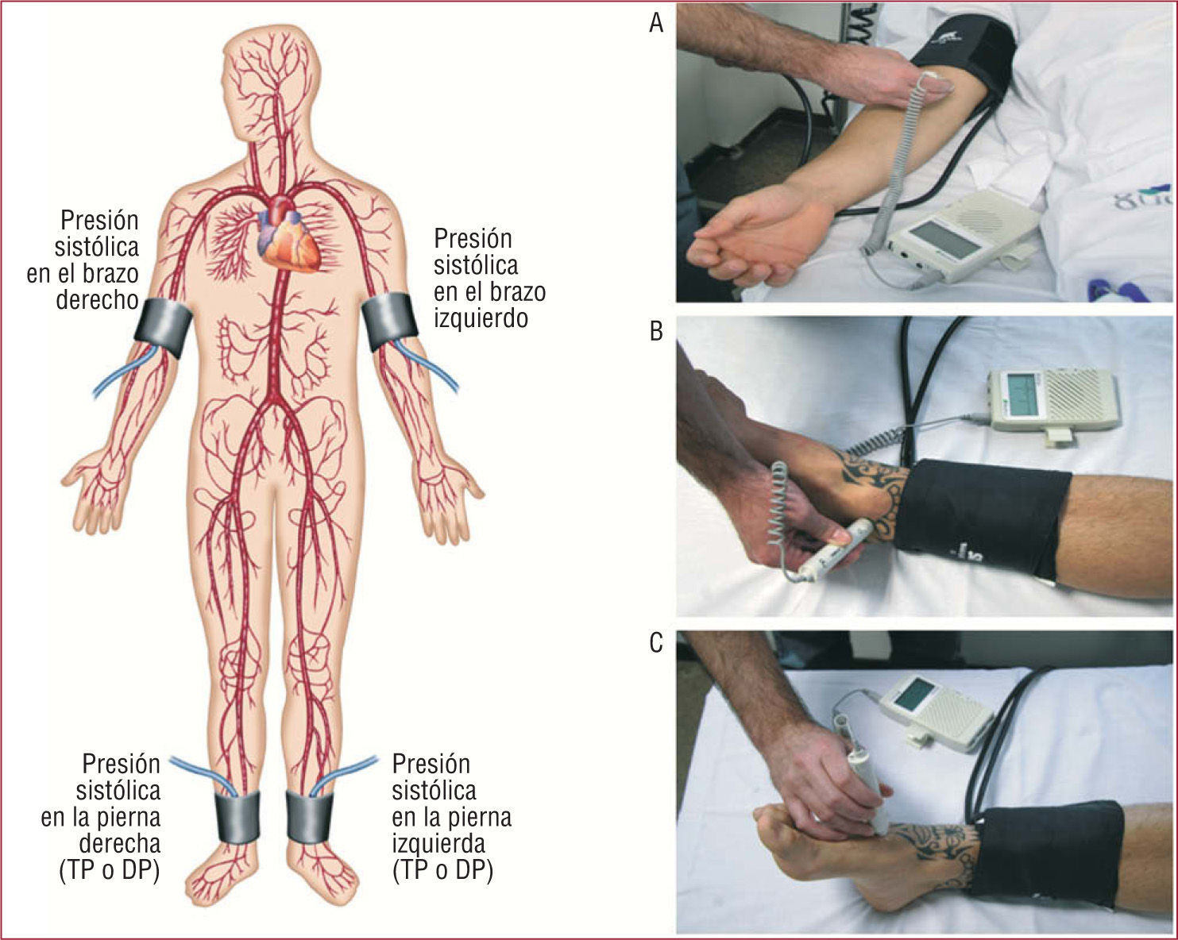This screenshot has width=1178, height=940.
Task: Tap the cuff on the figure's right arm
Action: pos(165,328)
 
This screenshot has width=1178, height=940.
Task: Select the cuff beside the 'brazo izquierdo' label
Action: pos(389,322)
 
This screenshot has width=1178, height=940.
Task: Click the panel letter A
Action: pos(656,23)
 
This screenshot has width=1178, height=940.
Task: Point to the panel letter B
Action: pos(656,332)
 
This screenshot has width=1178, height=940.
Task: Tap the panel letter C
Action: pos(656,643)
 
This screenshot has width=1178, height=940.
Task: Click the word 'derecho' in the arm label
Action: pos(98,300)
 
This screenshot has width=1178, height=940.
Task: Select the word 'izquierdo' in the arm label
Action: pos(481,318)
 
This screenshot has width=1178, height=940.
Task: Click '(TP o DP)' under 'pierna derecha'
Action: pos(110,870)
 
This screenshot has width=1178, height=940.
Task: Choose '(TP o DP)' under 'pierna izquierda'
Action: pos(443,870)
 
